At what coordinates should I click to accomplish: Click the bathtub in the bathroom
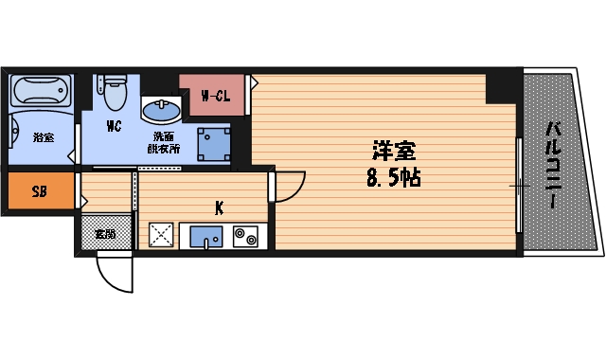pos(40,93)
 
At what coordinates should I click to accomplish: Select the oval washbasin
pos(160,110)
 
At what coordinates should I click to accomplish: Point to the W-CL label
pos(216,95)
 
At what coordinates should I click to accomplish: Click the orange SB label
pos(39,191)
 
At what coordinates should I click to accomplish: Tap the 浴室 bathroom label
pos(44,137)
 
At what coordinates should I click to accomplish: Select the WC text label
pos(114,126)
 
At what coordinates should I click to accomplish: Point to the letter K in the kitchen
pos(218,208)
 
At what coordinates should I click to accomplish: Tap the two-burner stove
pos(246,235)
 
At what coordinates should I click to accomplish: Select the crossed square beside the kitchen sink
pos(161,234)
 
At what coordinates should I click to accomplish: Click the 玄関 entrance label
pos(103,233)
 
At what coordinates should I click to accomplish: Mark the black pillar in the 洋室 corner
pos(502,85)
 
